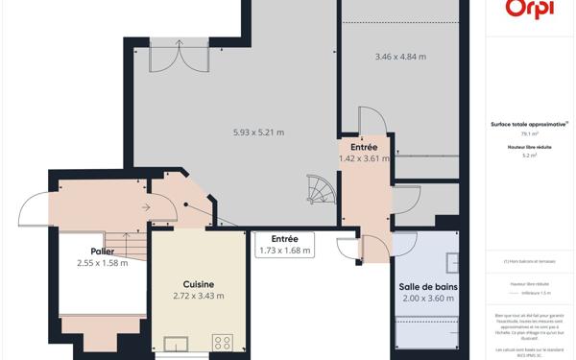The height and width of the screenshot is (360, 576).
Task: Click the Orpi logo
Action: [530, 10]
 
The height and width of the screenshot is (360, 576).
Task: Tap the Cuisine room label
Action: [199, 284]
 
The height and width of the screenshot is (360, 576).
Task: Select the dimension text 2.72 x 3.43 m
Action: [199, 296]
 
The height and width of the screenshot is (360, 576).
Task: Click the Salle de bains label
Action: [427, 287]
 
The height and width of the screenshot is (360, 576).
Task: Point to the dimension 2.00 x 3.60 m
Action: [427, 299]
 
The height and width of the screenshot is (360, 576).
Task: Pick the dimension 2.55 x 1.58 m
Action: [103, 263]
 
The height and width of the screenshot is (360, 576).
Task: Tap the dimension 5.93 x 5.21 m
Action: [258, 132]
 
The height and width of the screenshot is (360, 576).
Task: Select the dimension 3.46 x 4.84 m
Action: [400, 57]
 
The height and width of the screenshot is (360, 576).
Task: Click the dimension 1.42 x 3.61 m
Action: [364, 158]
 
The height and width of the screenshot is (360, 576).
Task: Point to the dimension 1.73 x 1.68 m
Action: [284, 251]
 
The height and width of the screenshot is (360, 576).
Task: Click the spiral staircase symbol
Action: [319, 188]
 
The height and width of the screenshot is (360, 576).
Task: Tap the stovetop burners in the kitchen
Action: [223, 343]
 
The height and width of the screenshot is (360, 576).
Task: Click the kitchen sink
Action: [177, 344]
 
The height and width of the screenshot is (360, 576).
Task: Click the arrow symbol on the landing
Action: [144, 206]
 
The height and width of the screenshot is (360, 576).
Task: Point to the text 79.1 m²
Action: [530, 133]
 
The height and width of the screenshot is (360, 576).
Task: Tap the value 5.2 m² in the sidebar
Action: [530, 155]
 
